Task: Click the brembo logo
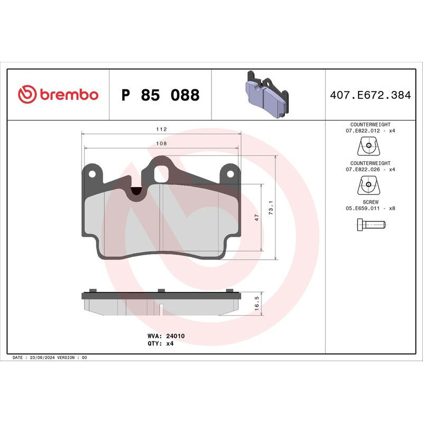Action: [58, 95]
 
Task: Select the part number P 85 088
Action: [160, 96]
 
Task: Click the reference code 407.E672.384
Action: [370, 96]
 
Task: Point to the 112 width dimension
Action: [162, 130]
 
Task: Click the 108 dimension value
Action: [162, 144]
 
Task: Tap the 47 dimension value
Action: [257, 217]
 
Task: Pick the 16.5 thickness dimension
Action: [257, 303]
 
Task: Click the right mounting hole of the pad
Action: [230, 172]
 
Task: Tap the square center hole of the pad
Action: [161, 173]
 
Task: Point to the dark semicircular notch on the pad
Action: [136, 192]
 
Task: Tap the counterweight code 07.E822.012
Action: [364, 130]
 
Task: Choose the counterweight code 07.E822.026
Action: [364, 169]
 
